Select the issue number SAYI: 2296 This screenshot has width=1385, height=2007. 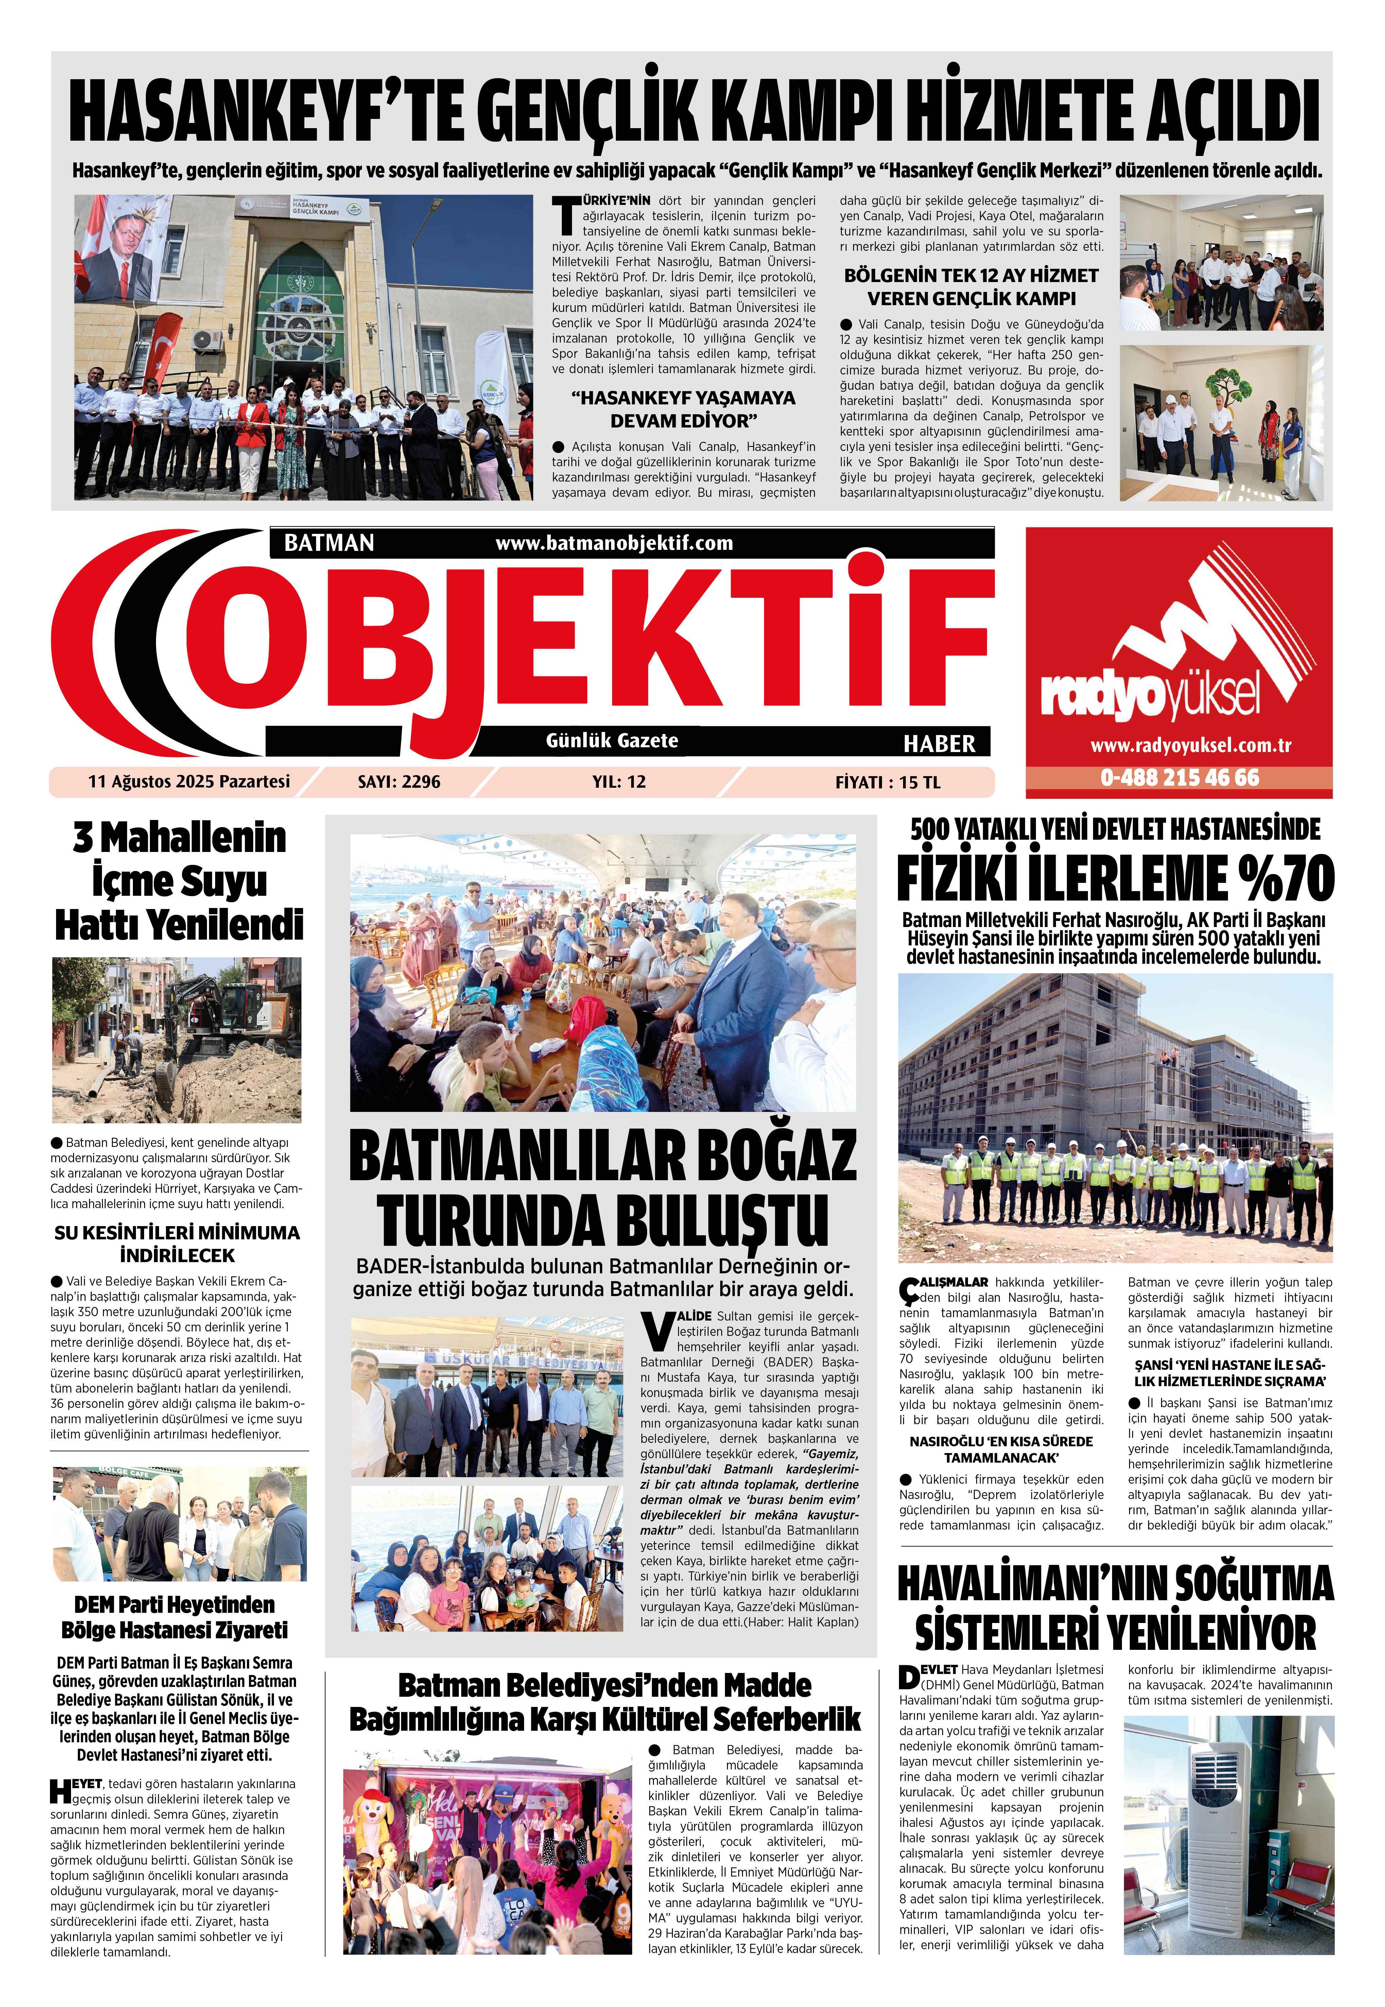[398, 782]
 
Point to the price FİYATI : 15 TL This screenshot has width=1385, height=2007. [887, 783]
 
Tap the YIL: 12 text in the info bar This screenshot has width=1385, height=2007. [619, 782]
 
